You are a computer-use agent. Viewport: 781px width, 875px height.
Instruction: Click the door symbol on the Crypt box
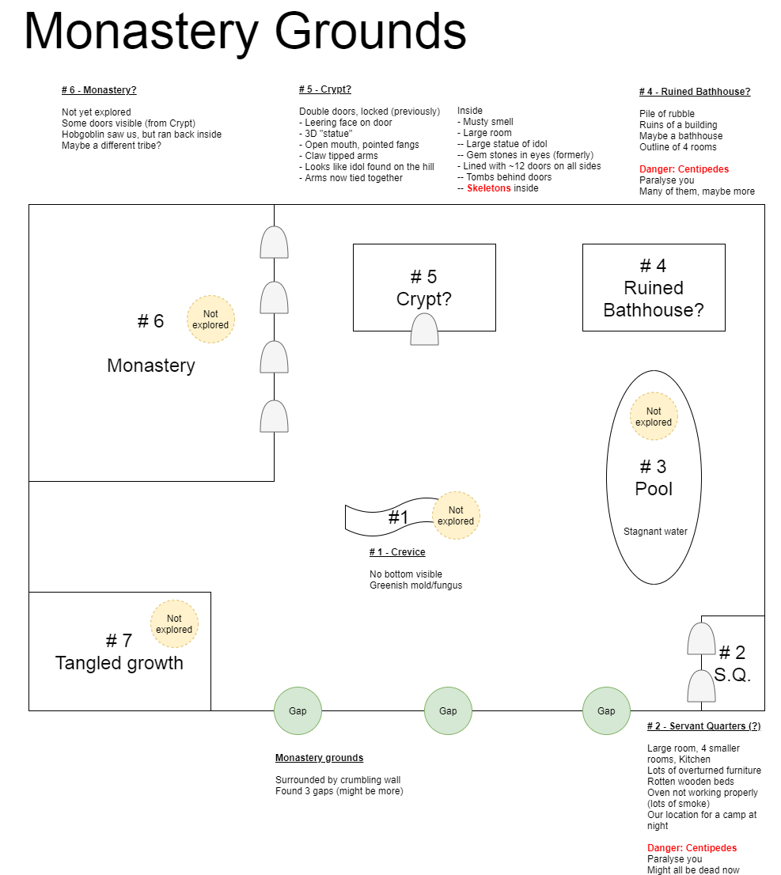click(x=424, y=329)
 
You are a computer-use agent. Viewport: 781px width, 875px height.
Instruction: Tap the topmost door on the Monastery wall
click(x=274, y=242)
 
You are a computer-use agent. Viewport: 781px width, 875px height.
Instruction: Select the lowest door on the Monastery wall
click(x=274, y=416)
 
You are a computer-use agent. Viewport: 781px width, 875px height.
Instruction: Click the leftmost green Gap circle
click(x=298, y=711)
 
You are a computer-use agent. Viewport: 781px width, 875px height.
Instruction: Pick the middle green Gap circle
click(x=449, y=711)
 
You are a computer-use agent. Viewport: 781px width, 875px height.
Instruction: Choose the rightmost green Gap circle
click(x=606, y=711)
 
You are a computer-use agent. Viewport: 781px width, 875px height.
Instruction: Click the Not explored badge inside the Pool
click(x=654, y=416)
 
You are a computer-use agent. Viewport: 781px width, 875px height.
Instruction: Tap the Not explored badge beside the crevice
click(x=456, y=516)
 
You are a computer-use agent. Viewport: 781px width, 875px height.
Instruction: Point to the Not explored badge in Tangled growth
click(x=174, y=624)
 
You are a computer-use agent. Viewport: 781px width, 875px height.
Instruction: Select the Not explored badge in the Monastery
click(x=210, y=319)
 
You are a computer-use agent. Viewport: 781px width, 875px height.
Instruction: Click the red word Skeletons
click(x=489, y=188)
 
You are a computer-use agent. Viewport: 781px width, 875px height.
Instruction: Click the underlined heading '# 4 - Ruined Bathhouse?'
click(x=695, y=92)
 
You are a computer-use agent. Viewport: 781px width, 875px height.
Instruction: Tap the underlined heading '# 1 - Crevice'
click(x=397, y=552)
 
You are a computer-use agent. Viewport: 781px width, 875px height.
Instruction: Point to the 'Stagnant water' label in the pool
click(x=655, y=532)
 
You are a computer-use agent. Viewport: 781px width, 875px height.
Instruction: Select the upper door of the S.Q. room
click(x=701, y=638)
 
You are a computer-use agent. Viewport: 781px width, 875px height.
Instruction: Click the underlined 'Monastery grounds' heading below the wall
click(x=320, y=758)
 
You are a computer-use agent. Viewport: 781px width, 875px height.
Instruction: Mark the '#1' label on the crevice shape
click(x=398, y=517)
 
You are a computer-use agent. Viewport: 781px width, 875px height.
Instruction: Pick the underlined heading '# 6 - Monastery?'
click(x=99, y=90)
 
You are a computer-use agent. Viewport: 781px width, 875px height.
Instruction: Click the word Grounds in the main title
click(x=370, y=32)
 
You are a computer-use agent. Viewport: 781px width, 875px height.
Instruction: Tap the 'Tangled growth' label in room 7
click(x=119, y=663)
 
